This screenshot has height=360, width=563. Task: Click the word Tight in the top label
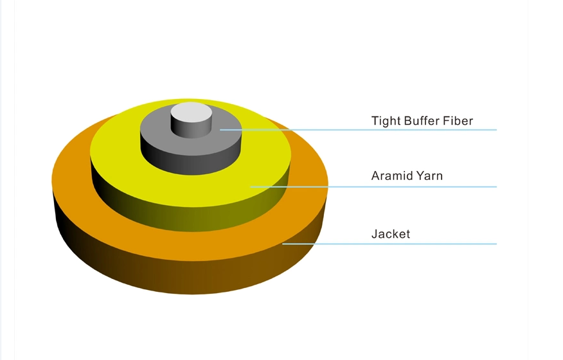click(x=386, y=121)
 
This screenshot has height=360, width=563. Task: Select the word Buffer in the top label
click(x=422, y=121)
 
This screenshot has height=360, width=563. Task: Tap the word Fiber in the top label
click(x=458, y=121)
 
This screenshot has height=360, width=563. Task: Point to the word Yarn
click(x=430, y=175)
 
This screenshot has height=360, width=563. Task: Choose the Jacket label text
click(x=391, y=234)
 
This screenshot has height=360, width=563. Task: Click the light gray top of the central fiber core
click(x=191, y=112)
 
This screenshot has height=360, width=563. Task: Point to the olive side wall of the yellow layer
click(x=190, y=219)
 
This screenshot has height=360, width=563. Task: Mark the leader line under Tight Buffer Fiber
click(x=359, y=130)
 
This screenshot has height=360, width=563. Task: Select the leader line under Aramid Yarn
click(x=373, y=187)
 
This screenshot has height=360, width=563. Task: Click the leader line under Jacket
click(x=389, y=244)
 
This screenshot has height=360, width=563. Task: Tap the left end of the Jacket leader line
click(x=283, y=244)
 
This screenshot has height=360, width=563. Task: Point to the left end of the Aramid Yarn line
click(x=251, y=187)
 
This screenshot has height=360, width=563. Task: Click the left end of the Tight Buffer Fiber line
click(x=220, y=130)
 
